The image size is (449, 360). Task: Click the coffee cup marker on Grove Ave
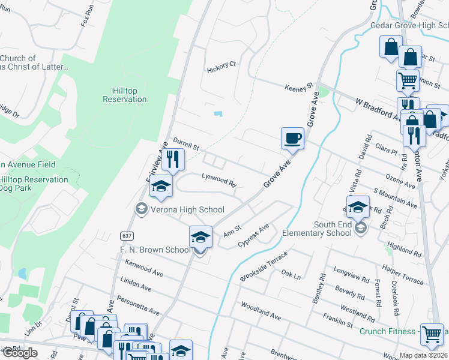292,139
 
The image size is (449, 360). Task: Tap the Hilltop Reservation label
125,95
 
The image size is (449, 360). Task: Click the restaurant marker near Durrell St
173,159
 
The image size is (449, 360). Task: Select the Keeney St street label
299,88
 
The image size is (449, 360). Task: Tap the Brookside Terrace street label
264,267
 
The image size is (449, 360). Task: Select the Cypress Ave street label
254,235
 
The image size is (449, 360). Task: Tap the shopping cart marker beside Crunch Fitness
432,335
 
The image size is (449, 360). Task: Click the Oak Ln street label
291,274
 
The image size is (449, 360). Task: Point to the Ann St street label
232,230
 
